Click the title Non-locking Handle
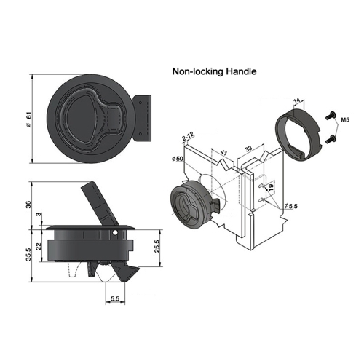pos(214,71)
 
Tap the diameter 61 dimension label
pos(29,119)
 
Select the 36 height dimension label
pos(29,205)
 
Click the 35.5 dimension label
pos(29,254)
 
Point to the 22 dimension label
pos(39,247)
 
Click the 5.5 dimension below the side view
pos(115,298)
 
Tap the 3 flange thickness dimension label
pos(38,215)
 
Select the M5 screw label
pos(345,119)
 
